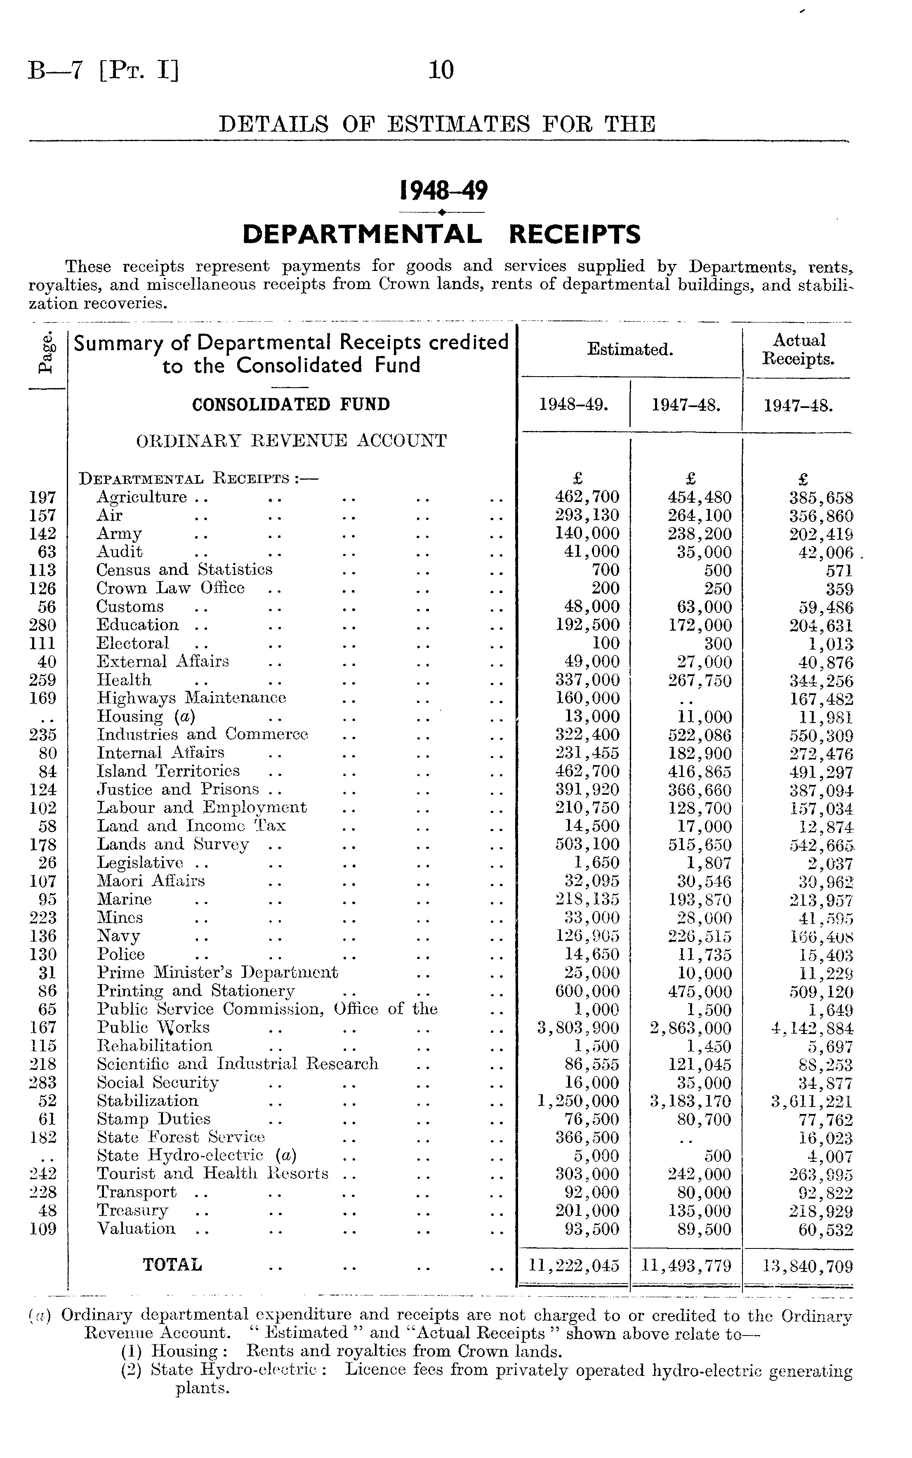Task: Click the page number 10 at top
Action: point(441,71)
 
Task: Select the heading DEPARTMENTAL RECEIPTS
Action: point(441,234)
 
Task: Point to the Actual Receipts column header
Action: point(799,350)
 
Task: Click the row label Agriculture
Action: point(142,497)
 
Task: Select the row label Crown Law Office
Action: point(171,588)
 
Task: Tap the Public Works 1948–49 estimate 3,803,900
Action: point(578,1028)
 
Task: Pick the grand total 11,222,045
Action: point(574,1265)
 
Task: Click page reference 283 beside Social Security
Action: point(43,1083)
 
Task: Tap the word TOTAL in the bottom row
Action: point(172,1265)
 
